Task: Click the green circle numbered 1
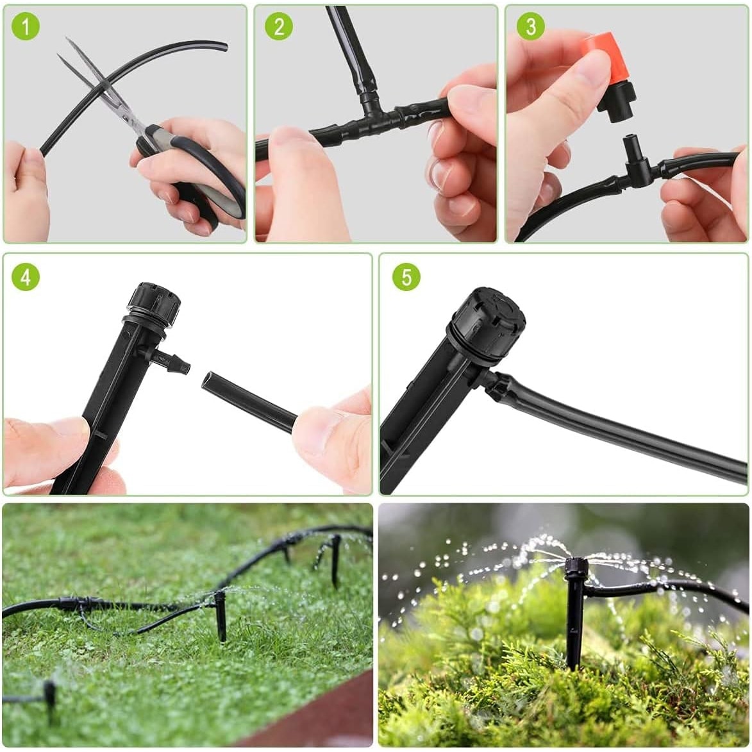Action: (25, 26)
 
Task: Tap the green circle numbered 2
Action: (279, 26)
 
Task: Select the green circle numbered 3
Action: (530, 26)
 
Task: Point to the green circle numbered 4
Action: (26, 277)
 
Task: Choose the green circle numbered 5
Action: (406, 277)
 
